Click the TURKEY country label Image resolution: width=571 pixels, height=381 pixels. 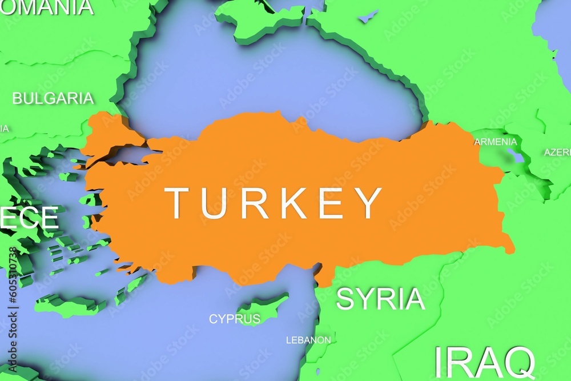click(274, 203)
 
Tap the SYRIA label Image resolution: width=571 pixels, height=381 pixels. click(380, 299)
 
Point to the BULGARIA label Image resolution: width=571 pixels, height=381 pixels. click(53, 98)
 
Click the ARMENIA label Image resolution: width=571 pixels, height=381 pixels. click(495, 142)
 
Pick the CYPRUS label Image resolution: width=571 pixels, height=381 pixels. click(234, 319)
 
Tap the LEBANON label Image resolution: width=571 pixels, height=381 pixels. click(308, 340)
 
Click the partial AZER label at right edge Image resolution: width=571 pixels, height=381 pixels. click(557, 153)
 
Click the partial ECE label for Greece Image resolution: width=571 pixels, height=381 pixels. click(29, 218)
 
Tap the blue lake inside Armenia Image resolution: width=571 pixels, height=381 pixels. click(515, 155)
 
